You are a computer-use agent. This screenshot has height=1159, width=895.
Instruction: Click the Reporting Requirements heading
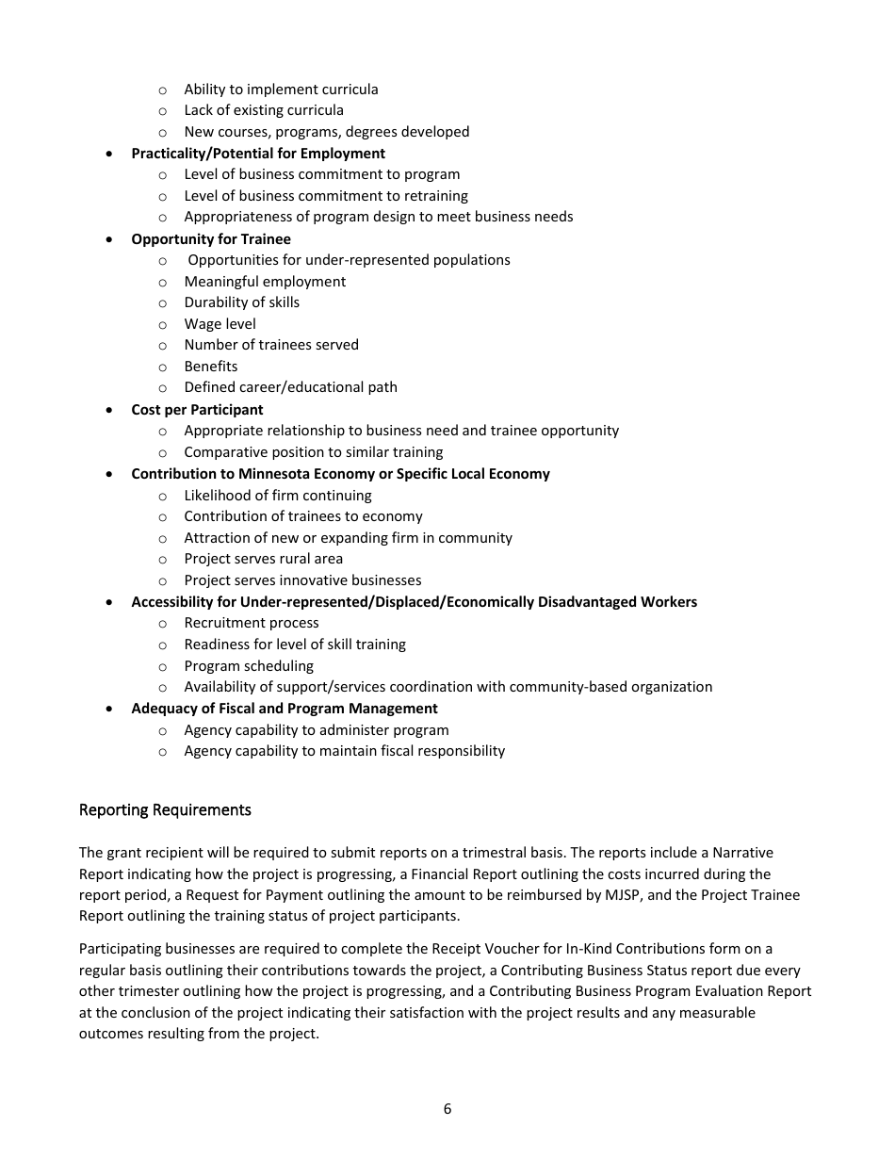165,809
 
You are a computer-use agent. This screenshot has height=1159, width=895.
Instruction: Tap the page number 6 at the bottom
447,1109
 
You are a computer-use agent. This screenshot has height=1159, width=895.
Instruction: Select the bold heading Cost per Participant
197,410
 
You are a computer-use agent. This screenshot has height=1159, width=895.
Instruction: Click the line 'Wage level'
220,324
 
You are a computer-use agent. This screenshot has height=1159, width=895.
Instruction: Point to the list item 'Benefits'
211,367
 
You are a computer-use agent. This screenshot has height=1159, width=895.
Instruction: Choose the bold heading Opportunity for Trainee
211,239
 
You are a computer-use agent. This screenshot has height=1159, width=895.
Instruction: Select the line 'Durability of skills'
241,302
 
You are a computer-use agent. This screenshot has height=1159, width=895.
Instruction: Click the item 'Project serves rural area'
263,559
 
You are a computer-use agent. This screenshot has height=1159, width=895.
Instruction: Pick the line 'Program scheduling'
249,666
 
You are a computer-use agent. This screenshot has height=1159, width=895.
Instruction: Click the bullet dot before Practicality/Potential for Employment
111,154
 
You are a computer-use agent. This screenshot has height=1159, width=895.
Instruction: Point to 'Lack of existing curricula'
263,110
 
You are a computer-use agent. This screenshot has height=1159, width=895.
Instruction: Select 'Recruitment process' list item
251,623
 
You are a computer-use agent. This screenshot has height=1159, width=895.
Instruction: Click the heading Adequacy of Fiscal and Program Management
284,709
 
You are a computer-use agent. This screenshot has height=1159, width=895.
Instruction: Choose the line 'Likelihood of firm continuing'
277,496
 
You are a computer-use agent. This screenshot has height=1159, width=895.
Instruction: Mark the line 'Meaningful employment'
265,282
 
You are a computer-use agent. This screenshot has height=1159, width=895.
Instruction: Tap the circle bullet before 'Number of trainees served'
163,346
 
